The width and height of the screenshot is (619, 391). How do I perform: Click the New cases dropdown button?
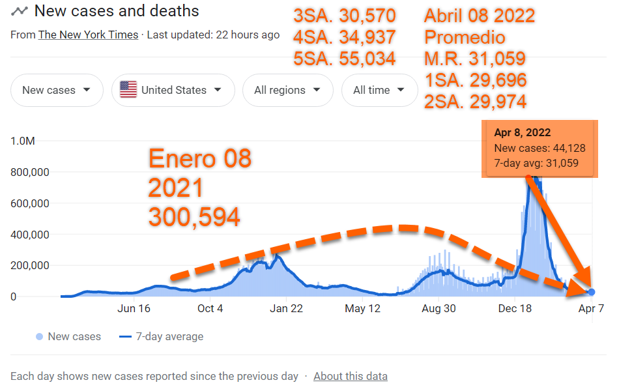click(x=57, y=91)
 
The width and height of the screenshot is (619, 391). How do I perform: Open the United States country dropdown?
click(x=173, y=91)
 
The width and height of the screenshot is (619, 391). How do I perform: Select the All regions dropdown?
click(x=287, y=91)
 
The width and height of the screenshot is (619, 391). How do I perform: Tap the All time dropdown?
click(x=379, y=91)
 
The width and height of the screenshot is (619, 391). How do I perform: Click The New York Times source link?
click(x=89, y=35)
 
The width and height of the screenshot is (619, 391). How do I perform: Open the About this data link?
click(x=351, y=376)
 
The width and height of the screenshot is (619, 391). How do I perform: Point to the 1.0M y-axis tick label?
click(x=23, y=141)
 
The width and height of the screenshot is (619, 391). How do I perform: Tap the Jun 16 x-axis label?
click(x=134, y=309)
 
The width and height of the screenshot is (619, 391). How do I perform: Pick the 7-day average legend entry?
click(x=169, y=337)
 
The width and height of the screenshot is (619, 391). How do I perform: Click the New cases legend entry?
click(x=74, y=337)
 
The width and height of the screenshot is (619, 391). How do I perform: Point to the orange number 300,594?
click(x=194, y=217)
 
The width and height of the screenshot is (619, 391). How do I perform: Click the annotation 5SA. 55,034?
click(x=345, y=59)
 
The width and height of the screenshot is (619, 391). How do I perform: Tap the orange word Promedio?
click(x=465, y=37)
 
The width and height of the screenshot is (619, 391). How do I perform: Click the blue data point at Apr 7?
click(x=591, y=292)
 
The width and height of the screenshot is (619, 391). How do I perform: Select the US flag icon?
click(x=128, y=90)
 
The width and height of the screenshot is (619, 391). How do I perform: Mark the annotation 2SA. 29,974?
click(x=475, y=101)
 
